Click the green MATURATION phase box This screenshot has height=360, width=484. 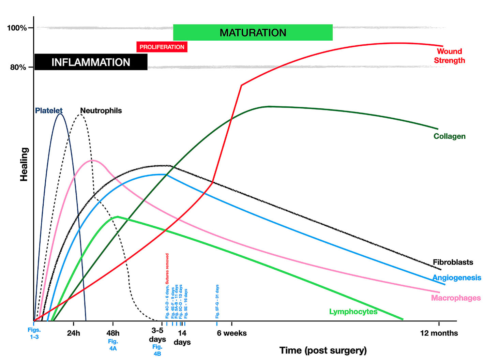click(x=253, y=32)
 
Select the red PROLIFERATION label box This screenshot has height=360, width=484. click(x=162, y=47)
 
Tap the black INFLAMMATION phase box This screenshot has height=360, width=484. click(x=91, y=62)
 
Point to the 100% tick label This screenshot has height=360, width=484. click(x=17, y=28)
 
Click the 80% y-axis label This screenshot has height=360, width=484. click(x=18, y=67)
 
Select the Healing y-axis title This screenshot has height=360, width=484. click(x=24, y=164)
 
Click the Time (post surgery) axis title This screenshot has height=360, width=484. click(x=323, y=350)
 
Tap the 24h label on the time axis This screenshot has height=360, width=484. click(x=73, y=333)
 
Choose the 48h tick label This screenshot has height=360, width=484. click(x=113, y=333)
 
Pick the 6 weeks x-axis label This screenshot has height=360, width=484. click(x=232, y=333)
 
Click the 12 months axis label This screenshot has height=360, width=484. click(x=439, y=333)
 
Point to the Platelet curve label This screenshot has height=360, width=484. click(x=49, y=110)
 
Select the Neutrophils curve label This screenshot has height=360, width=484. click(x=101, y=110)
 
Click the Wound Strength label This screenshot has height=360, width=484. click(x=449, y=56)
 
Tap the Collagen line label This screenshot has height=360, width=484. click(x=449, y=136)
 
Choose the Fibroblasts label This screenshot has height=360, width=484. click(x=453, y=262)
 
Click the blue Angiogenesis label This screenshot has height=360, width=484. click(x=457, y=277)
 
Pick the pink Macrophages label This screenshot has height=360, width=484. click(x=456, y=298)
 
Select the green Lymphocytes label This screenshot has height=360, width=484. click(x=353, y=312)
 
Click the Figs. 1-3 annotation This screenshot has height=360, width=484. click(x=34, y=333)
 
